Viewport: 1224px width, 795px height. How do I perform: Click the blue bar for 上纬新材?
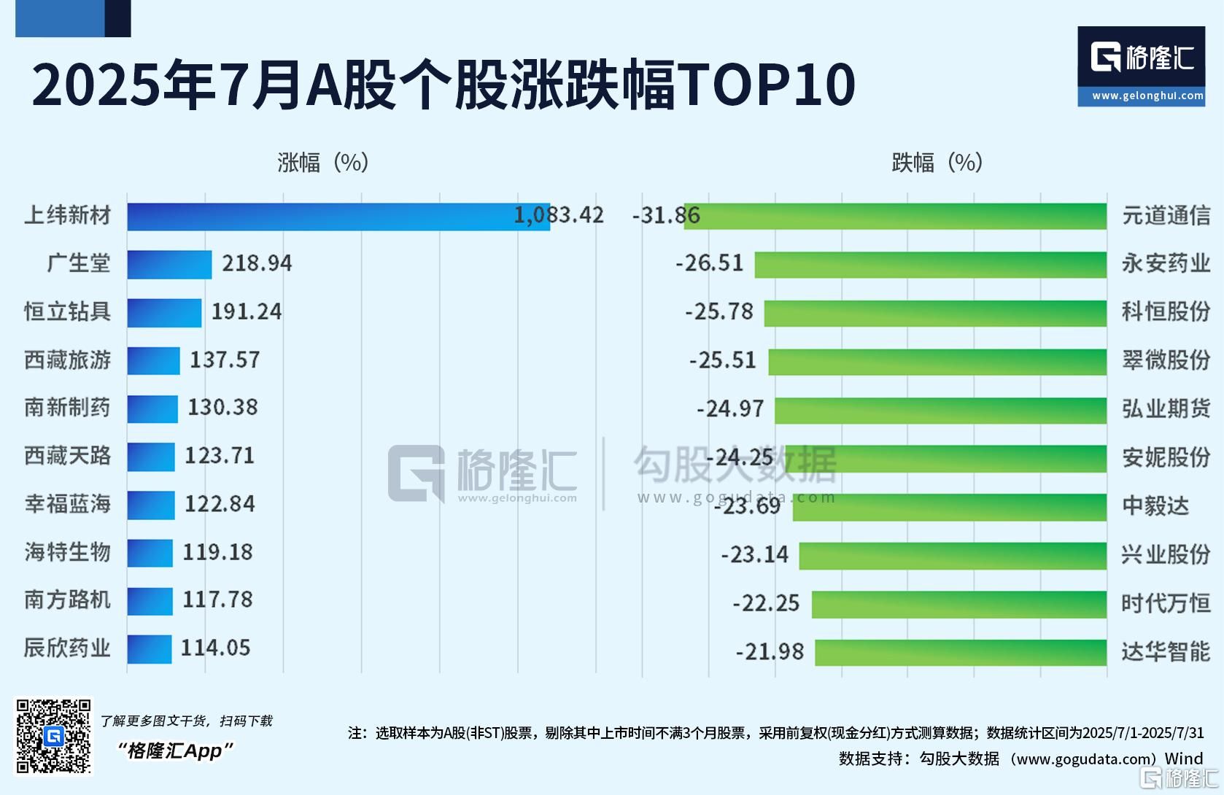(338, 217)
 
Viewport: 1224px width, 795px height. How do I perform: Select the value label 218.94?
(257, 263)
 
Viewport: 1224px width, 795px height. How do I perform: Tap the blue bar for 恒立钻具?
(164, 312)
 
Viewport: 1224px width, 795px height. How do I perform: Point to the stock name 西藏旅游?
(67, 360)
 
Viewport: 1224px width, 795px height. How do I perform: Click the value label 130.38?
(222, 408)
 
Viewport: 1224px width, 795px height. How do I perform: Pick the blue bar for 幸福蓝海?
(151, 505)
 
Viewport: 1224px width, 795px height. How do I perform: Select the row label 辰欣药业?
(67, 648)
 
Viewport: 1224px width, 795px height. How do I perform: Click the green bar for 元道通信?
(895, 217)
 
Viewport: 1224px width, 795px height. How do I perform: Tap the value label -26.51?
(709, 263)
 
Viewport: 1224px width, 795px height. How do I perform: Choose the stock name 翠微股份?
(1166, 360)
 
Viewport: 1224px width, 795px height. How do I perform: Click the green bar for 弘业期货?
(940, 410)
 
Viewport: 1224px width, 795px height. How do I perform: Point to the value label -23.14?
(754, 555)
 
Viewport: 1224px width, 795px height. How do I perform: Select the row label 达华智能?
(1166, 651)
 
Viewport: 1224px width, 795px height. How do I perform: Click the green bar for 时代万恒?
(958, 604)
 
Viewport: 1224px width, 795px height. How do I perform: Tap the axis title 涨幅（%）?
(322, 162)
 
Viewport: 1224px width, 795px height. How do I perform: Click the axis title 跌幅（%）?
(937, 162)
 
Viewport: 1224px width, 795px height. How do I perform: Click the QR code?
(54, 736)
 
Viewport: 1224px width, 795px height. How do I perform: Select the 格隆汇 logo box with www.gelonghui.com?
(1141, 67)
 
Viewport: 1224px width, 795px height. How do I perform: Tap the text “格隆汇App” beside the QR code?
(175, 751)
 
